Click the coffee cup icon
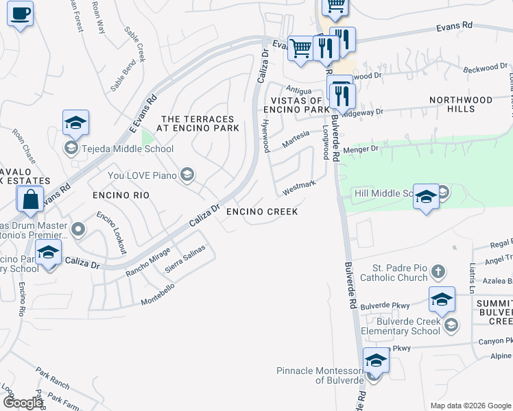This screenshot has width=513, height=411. click(20, 12)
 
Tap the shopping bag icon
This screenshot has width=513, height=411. click(31, 200)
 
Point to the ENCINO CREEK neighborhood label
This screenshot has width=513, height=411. click(263, 212)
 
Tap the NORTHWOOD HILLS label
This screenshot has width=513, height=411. click(461, 104)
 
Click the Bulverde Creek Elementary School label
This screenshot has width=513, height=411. click(403, 326)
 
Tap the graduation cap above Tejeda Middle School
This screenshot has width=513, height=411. click(75, 123)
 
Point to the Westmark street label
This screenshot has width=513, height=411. click(299, 186)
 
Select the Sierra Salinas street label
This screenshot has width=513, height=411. click(185, 260)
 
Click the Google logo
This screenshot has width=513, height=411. click(23, 403)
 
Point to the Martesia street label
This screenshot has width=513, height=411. click(296, 140)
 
